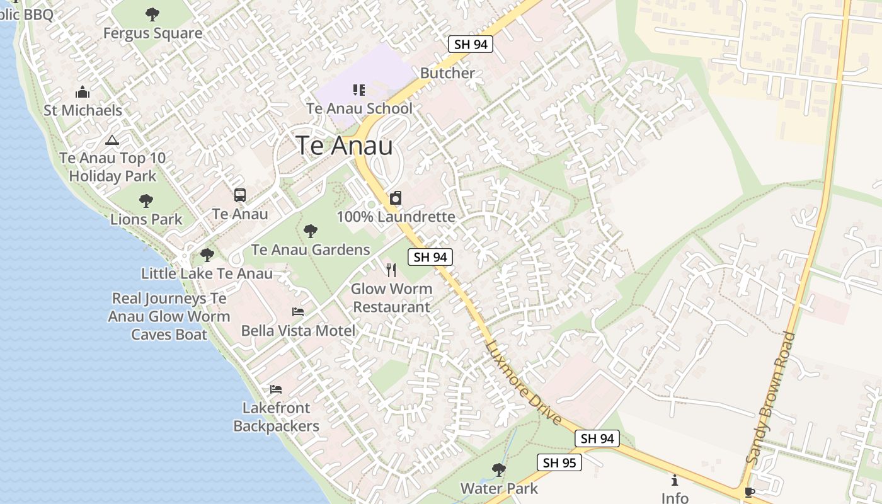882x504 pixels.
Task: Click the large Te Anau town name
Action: [x=344, y=146]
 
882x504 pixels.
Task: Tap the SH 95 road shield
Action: [x=559, y=462]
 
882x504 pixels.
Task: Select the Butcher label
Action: [x=447, y=73]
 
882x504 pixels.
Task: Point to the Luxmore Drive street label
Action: [x=524, y=382]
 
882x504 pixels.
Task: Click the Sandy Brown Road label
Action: [x=770, y=398]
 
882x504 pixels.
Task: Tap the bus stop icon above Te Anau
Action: [x=240, y=195]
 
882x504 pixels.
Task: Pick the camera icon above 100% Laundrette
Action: [x=396, y=198]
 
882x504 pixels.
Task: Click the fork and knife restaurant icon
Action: [x=391, y=270]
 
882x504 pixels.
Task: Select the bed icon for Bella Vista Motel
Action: [x=298, y=312]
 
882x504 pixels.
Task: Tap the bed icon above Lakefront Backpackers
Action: [x=276, y=389]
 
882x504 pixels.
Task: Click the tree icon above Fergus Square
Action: [x=152, y=14]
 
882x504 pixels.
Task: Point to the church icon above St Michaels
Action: [x=83, y=93]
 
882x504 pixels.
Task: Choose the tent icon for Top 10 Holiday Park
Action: [x=112, y=140]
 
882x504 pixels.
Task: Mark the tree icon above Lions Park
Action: [x=146, y=201]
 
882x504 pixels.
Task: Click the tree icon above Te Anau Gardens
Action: [x=311, y=231]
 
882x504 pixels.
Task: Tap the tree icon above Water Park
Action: [x=499, y=470]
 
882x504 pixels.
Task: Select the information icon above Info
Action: [x=675, y=480]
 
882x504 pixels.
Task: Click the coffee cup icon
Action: [x=748, y=491]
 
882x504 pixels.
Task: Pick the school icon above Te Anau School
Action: [x=359, y=90]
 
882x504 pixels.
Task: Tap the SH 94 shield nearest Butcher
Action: [x=470, y=44]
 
